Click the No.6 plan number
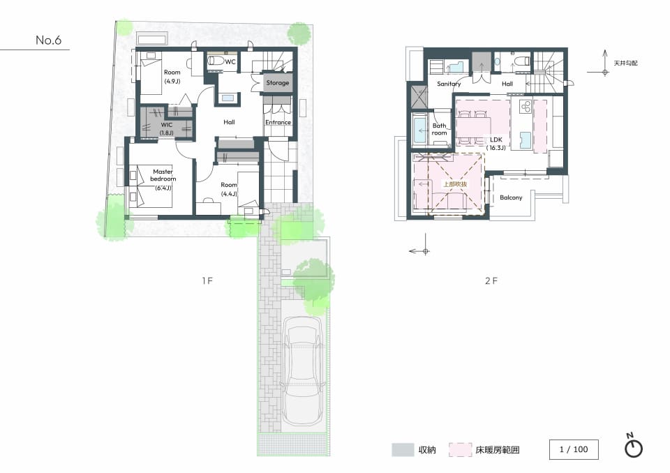click(48, 40)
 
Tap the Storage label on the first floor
click(278, 83)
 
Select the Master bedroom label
click(163, 175)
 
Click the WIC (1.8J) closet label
click(167, 128)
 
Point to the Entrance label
click(278, 122)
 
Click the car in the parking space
click(303, 370)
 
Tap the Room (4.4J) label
click(229, 189)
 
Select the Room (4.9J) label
click(172, 77)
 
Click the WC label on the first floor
click(230, 62)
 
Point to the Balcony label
click(511, 197)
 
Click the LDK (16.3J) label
click(496, 144)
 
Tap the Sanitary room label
click(449, 84)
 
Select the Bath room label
click(439, 129)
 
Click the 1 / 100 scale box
click(574, 449)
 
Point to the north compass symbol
click(633, 446)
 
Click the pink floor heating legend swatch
click(460, 450)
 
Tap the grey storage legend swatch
click(403, 450)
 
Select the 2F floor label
click(491, 280)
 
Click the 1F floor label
click(207, 280)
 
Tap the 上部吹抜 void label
click(455, 184)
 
